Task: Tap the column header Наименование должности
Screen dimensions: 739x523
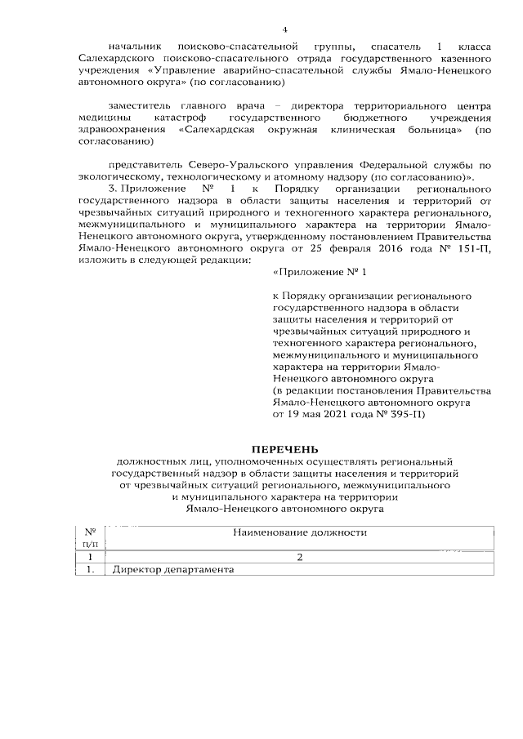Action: [x=300, y=533]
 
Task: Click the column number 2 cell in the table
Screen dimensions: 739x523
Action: [x=300, y=558]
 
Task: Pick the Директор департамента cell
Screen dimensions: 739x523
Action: [x=173, y=570]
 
